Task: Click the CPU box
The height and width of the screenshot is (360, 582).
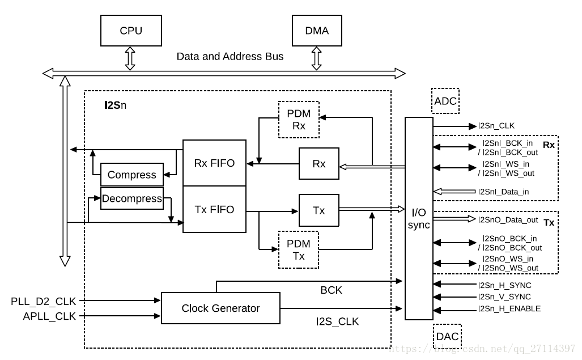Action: pyautogui.click(x=131, y=31)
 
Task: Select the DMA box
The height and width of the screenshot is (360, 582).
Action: pyautogui.click(x=317, y=31)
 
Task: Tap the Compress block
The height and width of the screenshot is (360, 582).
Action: pyautogui.click(x=132, y=175)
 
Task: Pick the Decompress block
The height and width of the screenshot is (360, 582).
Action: pyautogui.click(x=132, y=198)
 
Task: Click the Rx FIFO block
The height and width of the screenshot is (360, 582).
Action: pyautogui.click(x=214, y=163)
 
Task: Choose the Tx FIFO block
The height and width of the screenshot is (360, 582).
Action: pyautogui.click(x=214, y=209)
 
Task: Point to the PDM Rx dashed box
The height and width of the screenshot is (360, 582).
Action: pyautogui.click(x=299, y=120)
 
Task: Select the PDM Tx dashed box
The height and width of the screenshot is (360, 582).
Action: pyautogui.click(x=299, y=249)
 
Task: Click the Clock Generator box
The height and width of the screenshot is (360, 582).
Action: pyautogui.click(x=220, y=308)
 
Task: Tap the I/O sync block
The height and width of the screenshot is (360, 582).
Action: pyautogui.click(x=419, y=218)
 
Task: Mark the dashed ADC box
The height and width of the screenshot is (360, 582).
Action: pyautogui.click(x=445, y=100)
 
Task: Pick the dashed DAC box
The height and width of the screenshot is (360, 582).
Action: pyautogui.click(x=447, y=336)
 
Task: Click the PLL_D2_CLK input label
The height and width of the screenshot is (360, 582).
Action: pyautogui.click(x=43, y=302)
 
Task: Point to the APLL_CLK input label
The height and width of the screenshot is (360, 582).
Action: pyautogui.click(x=49, y=316)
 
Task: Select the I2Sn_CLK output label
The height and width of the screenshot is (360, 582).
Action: pyautogui.click(x=496, y=126)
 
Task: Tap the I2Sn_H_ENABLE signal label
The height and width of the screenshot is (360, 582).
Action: pyautogui.click(x=509, y=308)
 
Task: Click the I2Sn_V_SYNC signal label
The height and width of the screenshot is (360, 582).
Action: pyautogui.click(x=504, y=297)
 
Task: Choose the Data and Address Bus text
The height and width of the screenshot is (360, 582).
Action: pyautogui.click(x=230, y=57)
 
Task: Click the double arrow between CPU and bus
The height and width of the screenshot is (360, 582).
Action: pyautogui.click(x=130, y=58)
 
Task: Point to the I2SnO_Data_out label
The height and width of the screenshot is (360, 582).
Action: pyautogui.click(x=508, y=220)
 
